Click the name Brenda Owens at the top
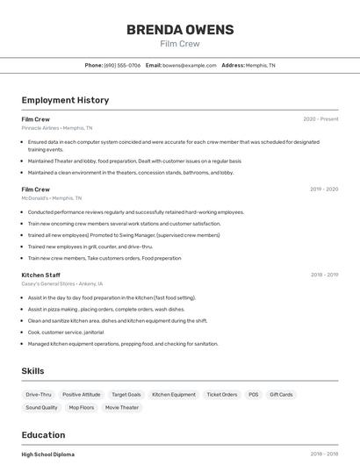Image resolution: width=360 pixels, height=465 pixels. point(180,30)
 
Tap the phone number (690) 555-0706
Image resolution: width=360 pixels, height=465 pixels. point(122,65)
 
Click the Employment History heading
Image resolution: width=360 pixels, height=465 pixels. point(65,100)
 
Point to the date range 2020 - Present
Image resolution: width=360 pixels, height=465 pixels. point(320,119)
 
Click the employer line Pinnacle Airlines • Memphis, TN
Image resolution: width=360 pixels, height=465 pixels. point(57,128)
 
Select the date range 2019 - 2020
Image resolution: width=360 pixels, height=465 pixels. point(324,190)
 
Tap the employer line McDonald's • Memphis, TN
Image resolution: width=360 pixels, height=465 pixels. point(51,198)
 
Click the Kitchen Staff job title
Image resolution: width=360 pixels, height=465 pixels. point(40,275)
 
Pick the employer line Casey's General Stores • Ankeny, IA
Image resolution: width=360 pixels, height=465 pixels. point(61,283)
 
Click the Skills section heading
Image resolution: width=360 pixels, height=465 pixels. point(32,371)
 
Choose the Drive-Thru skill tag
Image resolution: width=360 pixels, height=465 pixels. point(39,395)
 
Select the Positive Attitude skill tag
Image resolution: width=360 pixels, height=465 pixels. point(82,395)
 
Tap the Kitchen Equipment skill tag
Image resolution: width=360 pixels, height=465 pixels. point(174,395)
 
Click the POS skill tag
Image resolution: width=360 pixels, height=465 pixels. point(253,395)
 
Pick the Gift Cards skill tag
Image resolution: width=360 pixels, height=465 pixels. point(281,395)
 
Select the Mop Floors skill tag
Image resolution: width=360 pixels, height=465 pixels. point(81,407)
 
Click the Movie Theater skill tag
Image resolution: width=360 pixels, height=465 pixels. point(122,407)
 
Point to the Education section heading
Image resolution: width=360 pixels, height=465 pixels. point(43,435)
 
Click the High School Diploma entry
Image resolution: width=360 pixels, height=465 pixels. point(47,454)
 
